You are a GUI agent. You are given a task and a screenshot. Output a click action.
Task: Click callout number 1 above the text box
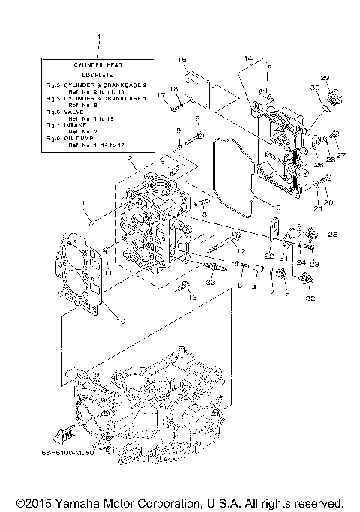point(97,37)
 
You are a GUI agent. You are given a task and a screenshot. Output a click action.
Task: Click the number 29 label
point(325,79)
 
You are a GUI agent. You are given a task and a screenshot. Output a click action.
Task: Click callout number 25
point(333,235)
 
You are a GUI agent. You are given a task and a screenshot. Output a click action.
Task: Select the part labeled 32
point(305,281)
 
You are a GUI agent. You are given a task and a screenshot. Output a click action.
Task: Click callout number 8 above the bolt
point(196,119)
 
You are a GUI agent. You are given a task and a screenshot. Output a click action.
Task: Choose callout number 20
point(328,202)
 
